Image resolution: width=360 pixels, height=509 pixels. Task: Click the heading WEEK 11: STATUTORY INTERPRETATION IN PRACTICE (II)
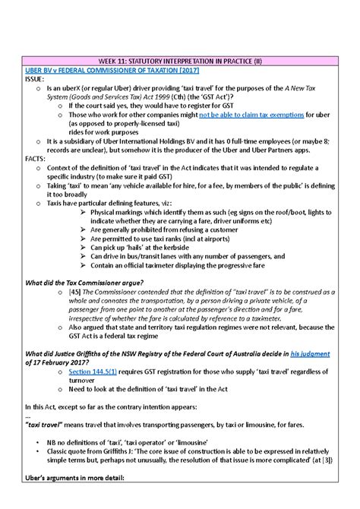point(181,60)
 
